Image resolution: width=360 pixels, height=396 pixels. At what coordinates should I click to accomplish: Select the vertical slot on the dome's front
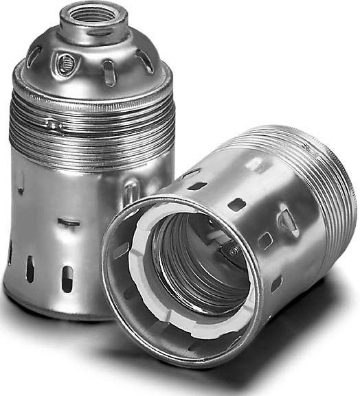pos(109,72)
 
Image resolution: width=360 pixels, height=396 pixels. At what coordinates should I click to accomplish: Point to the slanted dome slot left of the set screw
pos(35,56)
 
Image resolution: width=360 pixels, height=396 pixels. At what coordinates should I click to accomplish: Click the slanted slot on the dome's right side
pos(145,61)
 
